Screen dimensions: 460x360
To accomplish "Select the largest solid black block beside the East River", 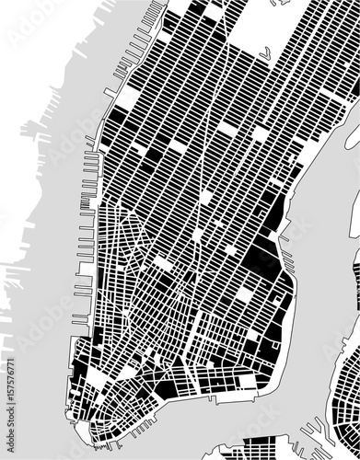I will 262,259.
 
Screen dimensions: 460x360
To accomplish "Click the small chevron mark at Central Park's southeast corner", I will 264,55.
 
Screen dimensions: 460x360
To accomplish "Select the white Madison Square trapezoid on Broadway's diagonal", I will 204,197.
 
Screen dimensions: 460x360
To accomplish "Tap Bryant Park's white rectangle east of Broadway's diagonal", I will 226,130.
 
